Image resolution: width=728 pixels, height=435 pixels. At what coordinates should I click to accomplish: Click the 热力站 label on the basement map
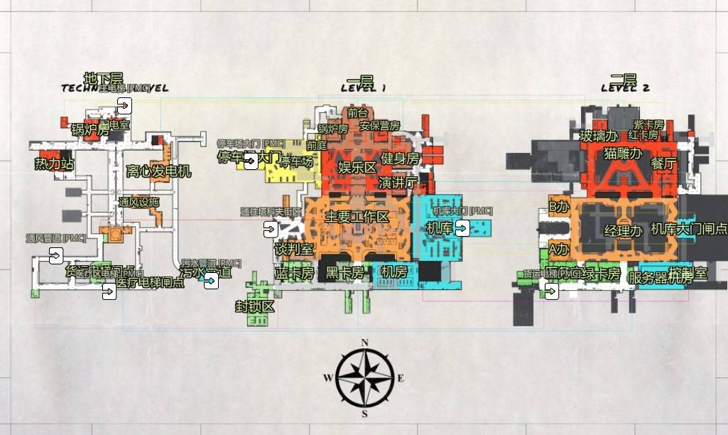[55, 164]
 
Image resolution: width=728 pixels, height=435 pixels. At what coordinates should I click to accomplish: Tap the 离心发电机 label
[158, 171]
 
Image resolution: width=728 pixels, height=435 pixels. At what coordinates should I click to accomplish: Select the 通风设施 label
[139, 202]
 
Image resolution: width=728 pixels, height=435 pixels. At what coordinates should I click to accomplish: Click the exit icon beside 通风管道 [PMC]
[56, 256]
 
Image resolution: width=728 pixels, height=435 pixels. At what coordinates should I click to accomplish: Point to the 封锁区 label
[255, 306]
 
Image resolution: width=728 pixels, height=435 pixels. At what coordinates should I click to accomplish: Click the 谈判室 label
[294, 249]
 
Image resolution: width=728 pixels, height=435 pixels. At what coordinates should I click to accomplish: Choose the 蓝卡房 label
[295, 272]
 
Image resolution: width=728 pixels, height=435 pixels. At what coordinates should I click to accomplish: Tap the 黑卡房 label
[344, 272]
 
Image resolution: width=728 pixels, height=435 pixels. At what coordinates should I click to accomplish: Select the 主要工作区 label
[357, 217]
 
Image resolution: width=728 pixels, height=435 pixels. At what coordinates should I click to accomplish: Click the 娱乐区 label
[357, 168]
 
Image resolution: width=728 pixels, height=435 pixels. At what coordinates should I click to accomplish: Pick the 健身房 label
[400, 158]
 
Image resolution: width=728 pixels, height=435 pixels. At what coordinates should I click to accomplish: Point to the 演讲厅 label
[398, 182]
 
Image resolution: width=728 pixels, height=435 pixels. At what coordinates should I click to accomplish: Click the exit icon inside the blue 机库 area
[462, 228]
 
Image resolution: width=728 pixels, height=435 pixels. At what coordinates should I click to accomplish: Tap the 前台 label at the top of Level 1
[357, 112]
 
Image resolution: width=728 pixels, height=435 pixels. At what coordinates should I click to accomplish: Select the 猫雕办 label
[623, 153]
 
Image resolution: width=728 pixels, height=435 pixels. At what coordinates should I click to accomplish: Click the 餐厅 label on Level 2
[663, 163]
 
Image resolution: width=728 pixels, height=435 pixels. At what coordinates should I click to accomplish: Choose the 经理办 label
[624, 230]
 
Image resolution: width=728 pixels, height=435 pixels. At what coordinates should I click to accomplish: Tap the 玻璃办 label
[596, 135]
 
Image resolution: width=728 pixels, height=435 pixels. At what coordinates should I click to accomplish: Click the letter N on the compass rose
[365, 343]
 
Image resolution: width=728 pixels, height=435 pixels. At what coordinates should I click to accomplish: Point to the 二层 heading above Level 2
[623, 79]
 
